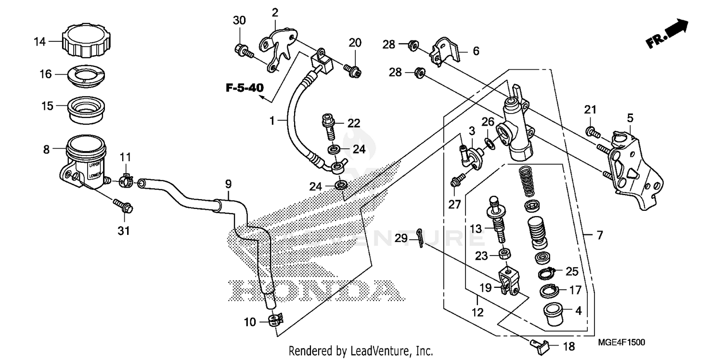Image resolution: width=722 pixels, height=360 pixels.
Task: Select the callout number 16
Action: (x=45, y=75)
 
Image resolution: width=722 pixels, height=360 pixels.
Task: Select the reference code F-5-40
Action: (x=245, y=88)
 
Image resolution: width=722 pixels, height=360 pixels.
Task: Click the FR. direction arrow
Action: (x=667, y=34)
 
